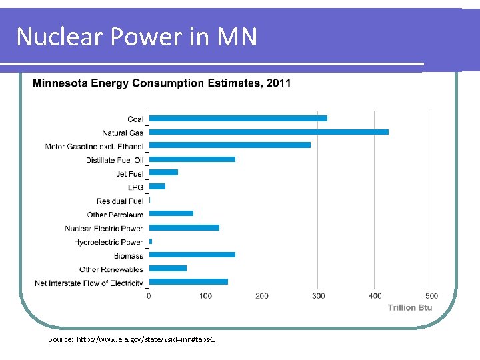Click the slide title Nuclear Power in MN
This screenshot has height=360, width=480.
coord(137,37)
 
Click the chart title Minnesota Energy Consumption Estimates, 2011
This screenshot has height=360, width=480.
coord(161,83)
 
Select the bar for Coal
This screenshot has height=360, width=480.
coord(237,119)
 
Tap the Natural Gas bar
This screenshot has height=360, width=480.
coord(268,132)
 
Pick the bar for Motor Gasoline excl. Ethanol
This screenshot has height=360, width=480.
coord(229,145)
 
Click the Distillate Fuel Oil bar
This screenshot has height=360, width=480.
coord(192,159)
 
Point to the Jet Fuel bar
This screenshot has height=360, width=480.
coord(163,173)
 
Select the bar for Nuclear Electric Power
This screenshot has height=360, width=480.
coord(184,228)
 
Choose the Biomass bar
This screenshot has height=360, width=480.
coord(192,255)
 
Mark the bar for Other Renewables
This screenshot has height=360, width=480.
coord(167,269)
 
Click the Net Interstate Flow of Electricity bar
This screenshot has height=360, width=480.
coord(188,282)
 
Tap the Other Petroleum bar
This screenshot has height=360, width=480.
coord(171,214)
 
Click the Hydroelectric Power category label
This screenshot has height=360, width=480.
coord(109,242)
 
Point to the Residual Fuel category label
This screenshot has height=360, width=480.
coord(120,201)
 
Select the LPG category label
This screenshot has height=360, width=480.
coord(136,187)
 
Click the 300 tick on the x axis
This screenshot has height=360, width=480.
coord(319,295)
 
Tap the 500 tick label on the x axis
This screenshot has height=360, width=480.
coord(431,295)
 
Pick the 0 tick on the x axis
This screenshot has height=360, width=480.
coord(149,295)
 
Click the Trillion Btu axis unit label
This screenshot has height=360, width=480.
coord(410,307)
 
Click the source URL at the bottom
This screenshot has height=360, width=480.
coord(131,340)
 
